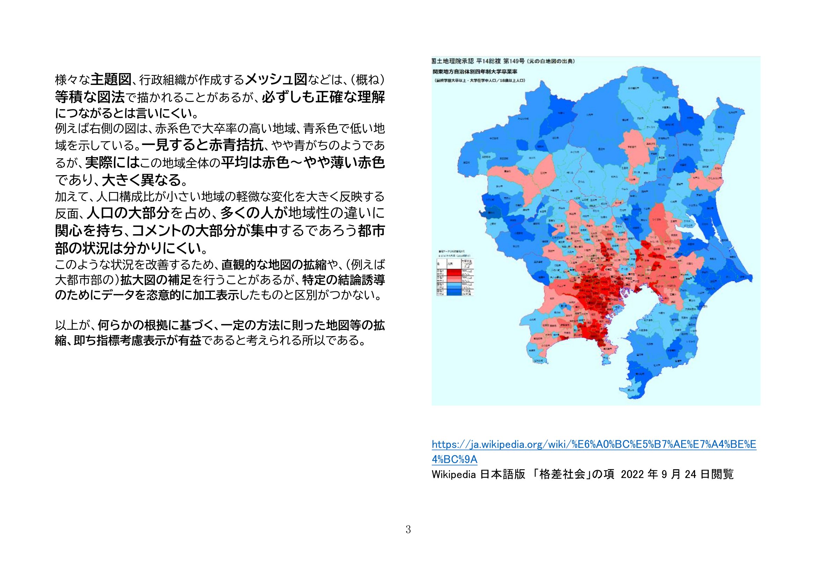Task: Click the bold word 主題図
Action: pyautogui.click(x=111, y=80)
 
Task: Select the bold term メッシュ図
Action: pyautogui.click(x=277, y=80)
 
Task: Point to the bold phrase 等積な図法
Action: pyautogui.click(x=90, y=96)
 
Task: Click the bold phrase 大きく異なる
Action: pyautogui.click(x=142, y=180)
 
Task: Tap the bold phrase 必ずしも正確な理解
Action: pyautogui.click(x=323, y=97)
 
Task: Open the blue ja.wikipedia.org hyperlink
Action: pyautogui.click(x=593, y=445)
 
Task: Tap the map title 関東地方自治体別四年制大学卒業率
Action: pyautogui.click(x=474, y=71)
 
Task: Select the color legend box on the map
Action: pyautogui.click(x=456, y=277)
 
